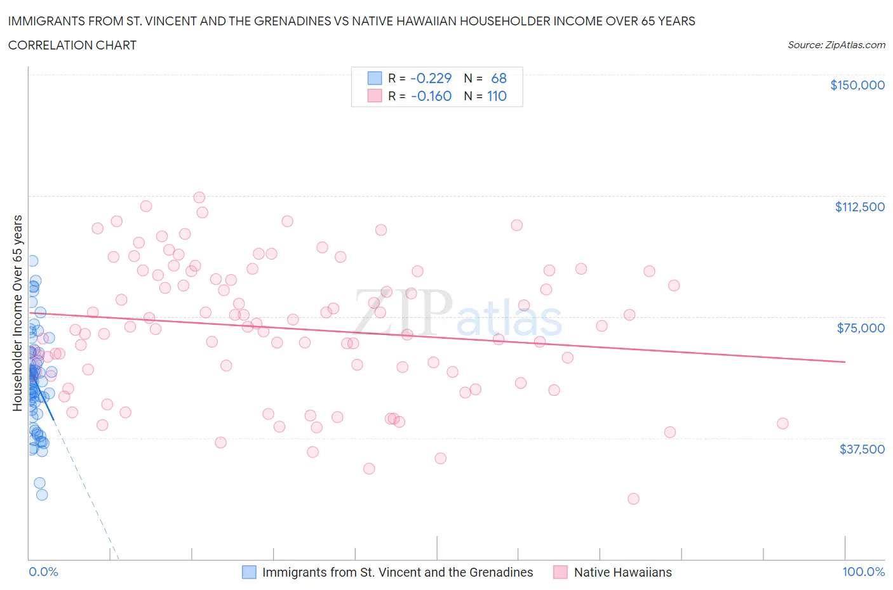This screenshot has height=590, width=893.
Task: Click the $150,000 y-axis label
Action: [x=857, y=85]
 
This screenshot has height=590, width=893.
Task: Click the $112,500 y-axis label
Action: [x=859, y=207]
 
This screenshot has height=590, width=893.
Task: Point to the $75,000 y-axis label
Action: [x=861, y=328]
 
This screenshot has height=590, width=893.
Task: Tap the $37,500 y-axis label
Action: [x=861, y=449]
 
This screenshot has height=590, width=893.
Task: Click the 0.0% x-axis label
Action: [x=43, y=572]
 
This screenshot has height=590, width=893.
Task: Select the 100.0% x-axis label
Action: [x=863, y=572]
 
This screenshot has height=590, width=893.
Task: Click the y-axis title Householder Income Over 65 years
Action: [x=18, y=313]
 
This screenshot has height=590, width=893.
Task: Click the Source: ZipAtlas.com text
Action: [x=836, y=44]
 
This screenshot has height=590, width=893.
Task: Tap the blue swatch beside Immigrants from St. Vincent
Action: [x=250, y=572]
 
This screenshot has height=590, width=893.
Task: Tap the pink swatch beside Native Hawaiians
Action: [x=560, y=572]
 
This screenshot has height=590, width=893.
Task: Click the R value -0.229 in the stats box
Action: [x=431, y=78]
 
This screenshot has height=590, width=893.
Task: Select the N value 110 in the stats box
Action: [x=497, y=96]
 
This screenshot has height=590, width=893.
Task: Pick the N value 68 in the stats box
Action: [x=499, y=78]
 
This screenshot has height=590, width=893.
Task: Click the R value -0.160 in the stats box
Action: [x=431, y=96]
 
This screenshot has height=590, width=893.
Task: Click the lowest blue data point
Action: [x=42, y=495]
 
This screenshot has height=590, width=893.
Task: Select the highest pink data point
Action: [x=199, y=197]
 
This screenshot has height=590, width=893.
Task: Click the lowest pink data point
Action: [x=633, y=499]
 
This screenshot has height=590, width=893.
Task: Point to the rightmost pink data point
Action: [x=782, y=423]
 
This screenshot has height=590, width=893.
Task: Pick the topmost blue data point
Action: [x=32, y=261]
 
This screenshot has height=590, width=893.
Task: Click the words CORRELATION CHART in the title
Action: [x=72, y=45]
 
